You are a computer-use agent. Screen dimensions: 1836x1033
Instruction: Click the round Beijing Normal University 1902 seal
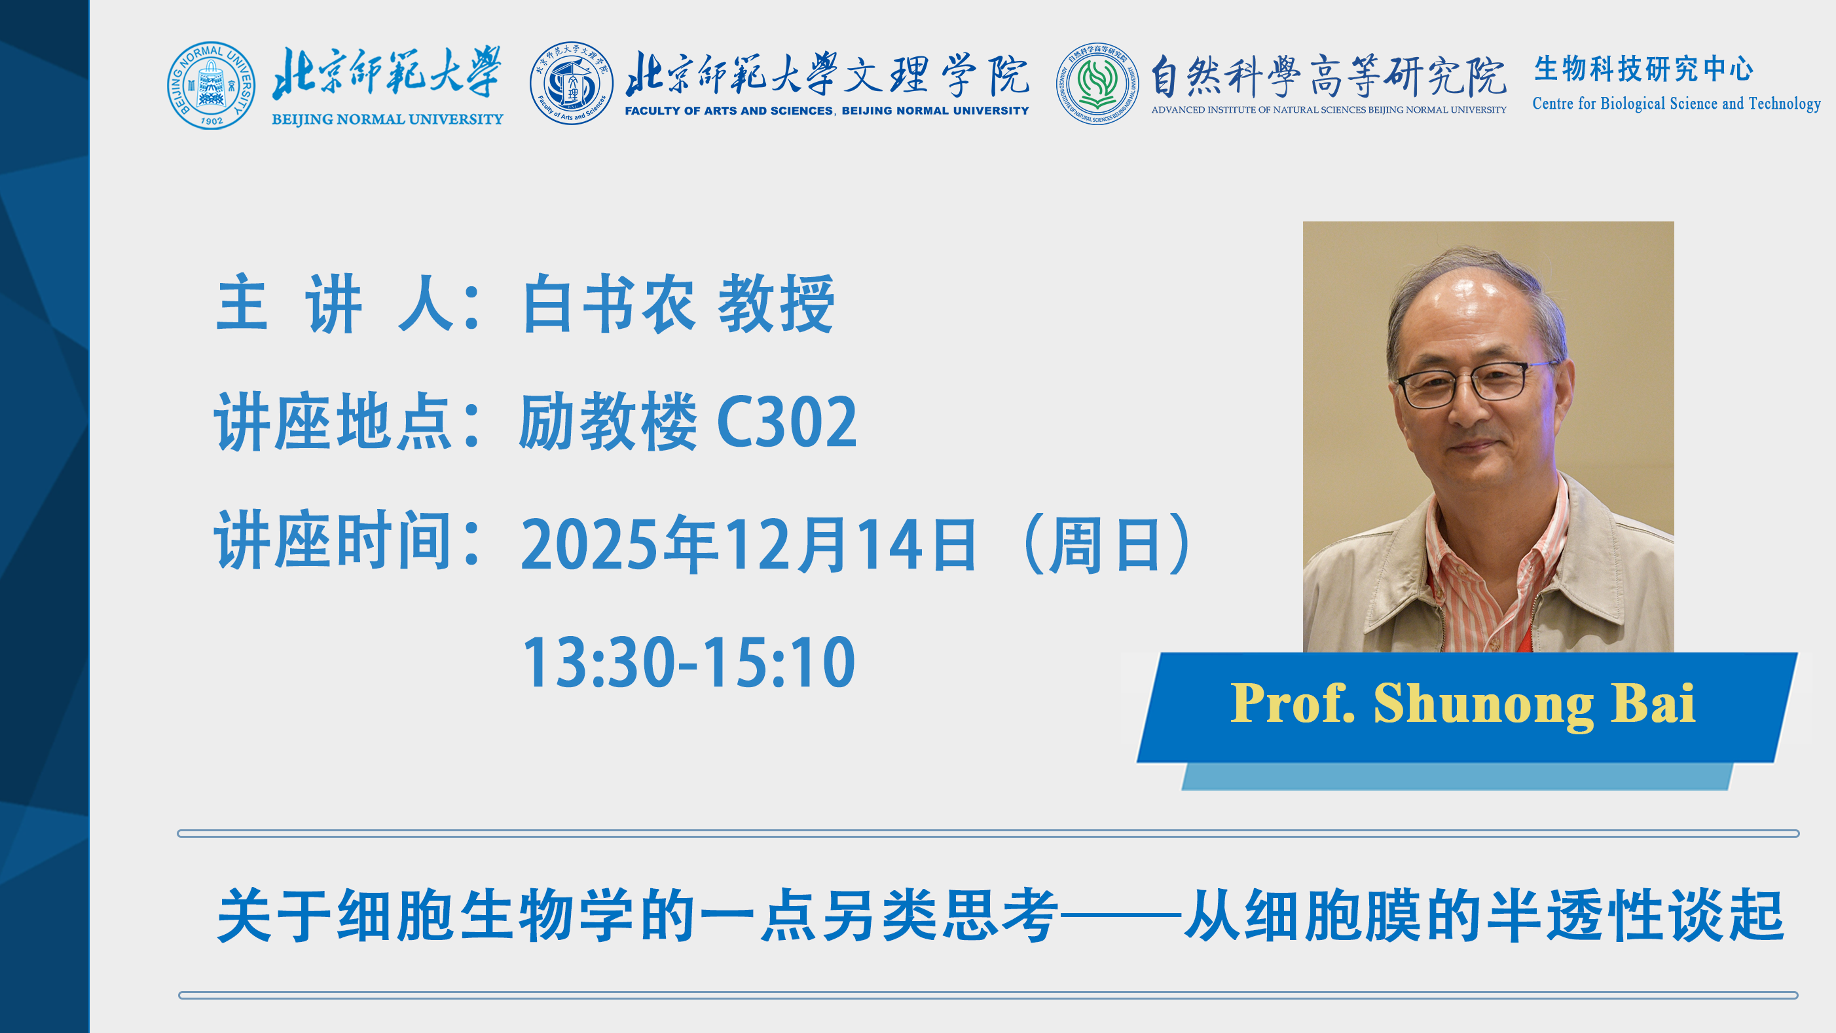pyautogui.click(x=211, y=86)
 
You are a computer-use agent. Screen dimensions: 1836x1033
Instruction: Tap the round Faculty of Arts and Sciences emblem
pyautogui.click(x=571, y=83)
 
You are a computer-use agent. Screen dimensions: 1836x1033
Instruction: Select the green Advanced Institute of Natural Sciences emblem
pyautogui.click(x=1097, y=83)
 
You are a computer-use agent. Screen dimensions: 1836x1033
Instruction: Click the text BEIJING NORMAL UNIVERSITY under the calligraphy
pyautogui.click(x=387, y=119)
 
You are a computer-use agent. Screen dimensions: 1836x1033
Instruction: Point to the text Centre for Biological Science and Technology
pyautogui.click(x=1676, y=103)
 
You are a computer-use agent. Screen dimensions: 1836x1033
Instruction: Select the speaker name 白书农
pyautogui.click(x=608, y=304)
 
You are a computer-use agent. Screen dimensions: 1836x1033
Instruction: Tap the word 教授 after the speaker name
pyautogui.click(x=776, y=304)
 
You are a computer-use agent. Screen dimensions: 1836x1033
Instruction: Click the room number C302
pyautogui.click(x=787, y=422)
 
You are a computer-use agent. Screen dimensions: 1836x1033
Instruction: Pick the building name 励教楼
pyautogui.click(x=608, y=421)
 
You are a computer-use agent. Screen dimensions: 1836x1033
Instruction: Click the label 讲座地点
pyautogui.click(x=333, y=421)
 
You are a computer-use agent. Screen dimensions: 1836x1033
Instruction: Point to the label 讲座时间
pyautogui.click(x=333, y=540)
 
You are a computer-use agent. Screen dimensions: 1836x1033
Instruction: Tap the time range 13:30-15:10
pyautogui.click(x=689, y=662)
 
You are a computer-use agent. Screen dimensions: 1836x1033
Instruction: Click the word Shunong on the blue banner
pyautogui.click(x=1483, y=705)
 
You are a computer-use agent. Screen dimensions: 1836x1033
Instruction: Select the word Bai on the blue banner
pyautogui.click(x=1653, y=703)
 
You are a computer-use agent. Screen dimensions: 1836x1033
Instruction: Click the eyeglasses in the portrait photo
pyautogui.click(x=1471, y=385)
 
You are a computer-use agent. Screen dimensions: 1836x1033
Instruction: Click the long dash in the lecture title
pyautogui.click(x=1120, y=914)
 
